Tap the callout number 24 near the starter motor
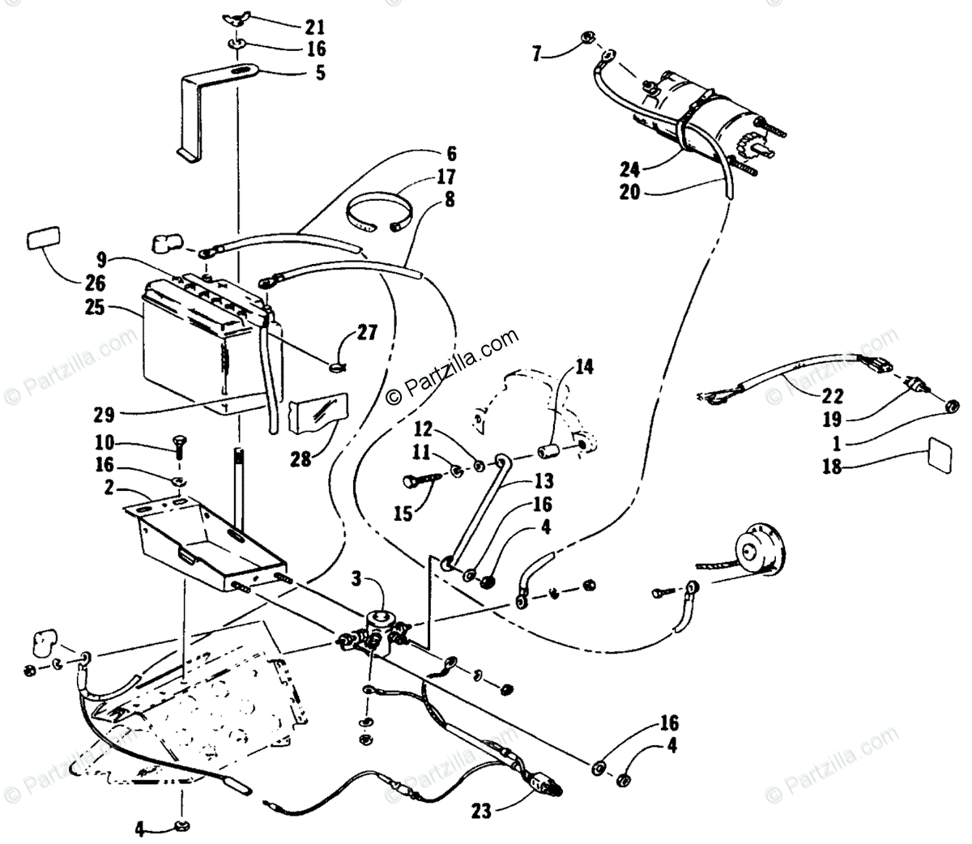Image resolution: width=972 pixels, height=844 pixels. [x=631, y=169]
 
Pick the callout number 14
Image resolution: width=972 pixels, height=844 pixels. [x=584, y=369]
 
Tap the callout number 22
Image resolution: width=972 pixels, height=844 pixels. [x=833, y=397]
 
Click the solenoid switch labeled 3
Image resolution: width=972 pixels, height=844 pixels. [x=379, y=628]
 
